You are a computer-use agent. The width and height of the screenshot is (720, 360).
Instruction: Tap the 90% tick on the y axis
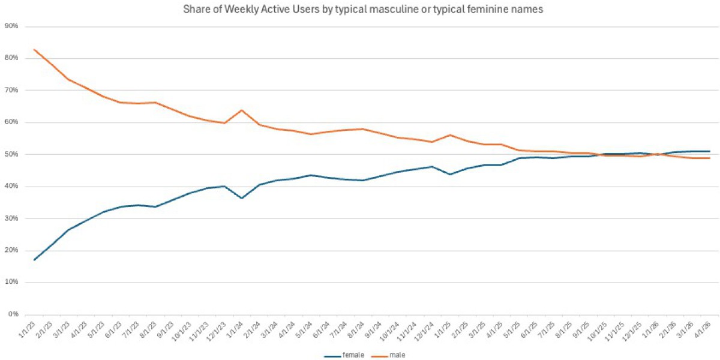tap(11, 26)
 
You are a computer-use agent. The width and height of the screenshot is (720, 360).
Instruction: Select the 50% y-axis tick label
tap(11, 154)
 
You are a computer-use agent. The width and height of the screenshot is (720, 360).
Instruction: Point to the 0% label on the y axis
tap(13, 314)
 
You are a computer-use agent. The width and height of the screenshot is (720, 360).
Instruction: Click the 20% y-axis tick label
tap(11, 250)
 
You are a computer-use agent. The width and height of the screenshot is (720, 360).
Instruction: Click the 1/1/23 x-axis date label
tap(28, 329)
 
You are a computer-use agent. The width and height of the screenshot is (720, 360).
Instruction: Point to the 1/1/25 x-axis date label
tap(442, 329)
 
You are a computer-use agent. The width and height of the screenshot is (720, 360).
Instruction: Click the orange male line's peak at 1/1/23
tap(35, 50)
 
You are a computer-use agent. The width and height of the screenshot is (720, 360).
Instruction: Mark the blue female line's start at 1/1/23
tap(35, 260)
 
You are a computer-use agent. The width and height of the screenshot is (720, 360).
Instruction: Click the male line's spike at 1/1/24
tap(241, 110)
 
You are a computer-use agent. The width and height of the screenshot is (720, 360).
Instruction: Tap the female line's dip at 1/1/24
tap(241, 198)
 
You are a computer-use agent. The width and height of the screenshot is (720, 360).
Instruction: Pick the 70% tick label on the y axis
tap(11, 90)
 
